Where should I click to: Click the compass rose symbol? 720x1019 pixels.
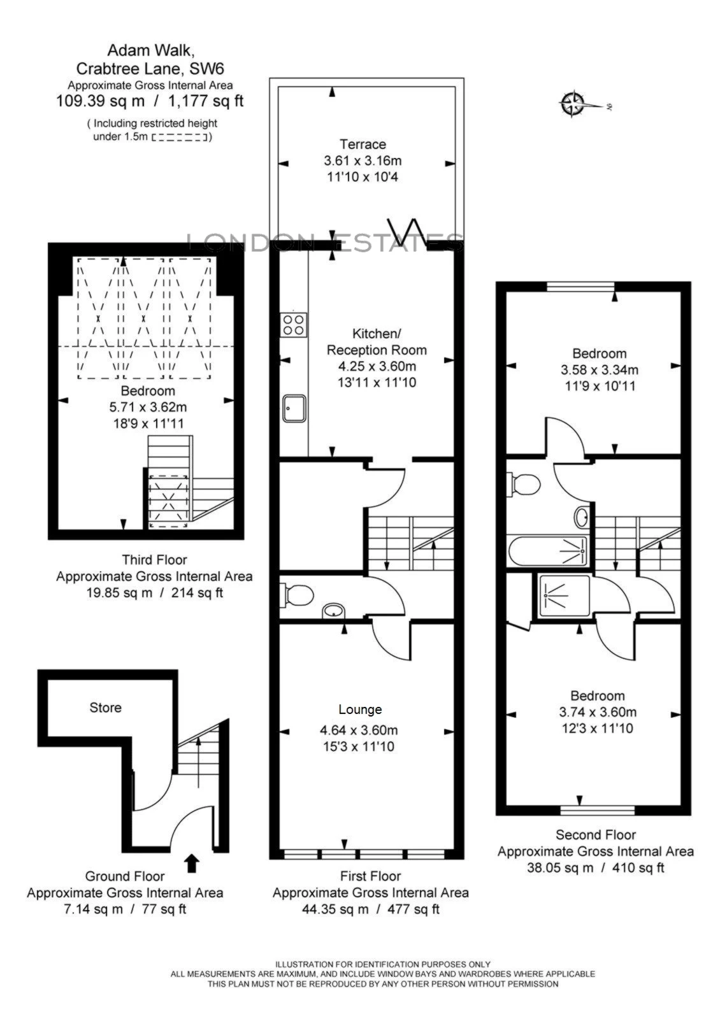click(572, 104)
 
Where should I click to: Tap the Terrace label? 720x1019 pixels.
click(363, 145)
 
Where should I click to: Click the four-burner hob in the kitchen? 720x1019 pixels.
click(294, 324)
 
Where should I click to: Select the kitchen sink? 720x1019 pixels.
click(294, 408)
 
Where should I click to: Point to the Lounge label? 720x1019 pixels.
click(360, 709)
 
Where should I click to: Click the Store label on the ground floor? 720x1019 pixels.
click(105, 708)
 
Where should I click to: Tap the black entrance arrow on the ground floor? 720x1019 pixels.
click(192, 864)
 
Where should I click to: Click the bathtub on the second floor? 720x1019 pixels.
click(549, 550)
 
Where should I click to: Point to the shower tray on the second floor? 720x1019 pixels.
click(565, 595)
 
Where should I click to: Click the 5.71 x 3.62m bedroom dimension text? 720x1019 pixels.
click(148, 407)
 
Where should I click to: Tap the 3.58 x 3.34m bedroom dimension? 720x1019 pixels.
click(599, 370)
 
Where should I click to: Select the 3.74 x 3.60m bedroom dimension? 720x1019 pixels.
click(597, 712)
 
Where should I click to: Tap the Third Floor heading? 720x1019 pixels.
click(154, 560)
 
